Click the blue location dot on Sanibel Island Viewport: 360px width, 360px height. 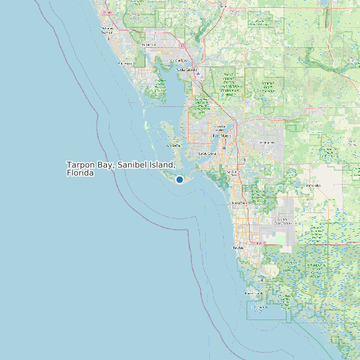[179, 179]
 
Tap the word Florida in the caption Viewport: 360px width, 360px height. [80, 173]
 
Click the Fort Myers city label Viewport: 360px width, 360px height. [221, 135]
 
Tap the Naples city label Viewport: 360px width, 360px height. [238, 247]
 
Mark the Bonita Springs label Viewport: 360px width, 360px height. [237, 203]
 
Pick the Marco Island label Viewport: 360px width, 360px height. [254, 293]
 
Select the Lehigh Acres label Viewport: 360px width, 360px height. [266, 142]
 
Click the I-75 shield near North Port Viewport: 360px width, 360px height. [183, 45]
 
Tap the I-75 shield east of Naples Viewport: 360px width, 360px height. [259, 243]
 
